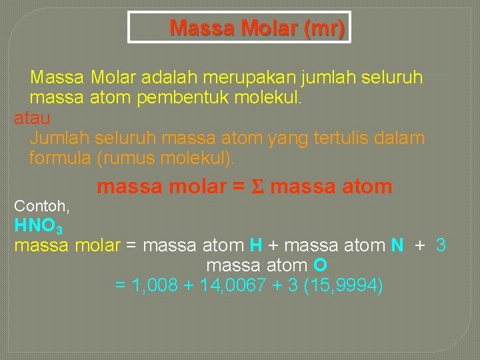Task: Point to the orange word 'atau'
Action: [x=32, y=119]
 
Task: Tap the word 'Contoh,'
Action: [x=42, y=205]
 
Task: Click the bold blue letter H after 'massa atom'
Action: [x=256, y=245]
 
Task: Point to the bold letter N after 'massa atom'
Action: [x=397, y=245]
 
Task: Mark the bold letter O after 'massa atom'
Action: [x=320, y=265]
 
